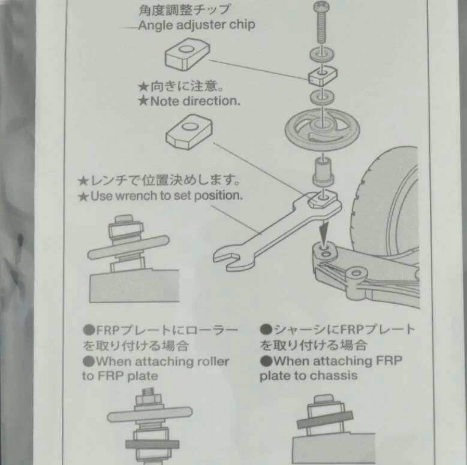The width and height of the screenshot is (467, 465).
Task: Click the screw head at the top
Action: pyautogui.click(x=321, y=7)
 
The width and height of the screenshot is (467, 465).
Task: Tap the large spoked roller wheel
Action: pyautogui.click(x=323, y=129)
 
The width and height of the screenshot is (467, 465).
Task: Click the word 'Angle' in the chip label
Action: pyautogui.click(x=155, y=26)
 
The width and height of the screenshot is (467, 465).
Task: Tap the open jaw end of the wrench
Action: pyautogui.click(x=228, y=258)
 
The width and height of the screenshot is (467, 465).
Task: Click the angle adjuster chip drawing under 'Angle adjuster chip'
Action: pyautogui.click(x=187, y=54)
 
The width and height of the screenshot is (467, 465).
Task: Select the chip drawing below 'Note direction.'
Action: pyautogui.click(x=189, y=132)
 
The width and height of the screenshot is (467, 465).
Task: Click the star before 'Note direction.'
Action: pyautogui.click(x=143, y=101)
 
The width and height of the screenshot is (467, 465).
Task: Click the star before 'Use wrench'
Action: pyautogui.click(x=83, y=197)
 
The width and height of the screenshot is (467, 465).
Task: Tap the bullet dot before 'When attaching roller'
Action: pyautogui.click(x=89, y=362)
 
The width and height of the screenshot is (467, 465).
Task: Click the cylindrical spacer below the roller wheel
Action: pyautogui.click(x=323, y=172)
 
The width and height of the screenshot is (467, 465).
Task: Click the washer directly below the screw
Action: pyautogui.click(x=322, y=55)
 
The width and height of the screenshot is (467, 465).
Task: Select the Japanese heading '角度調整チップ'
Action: pyautogui.click(x=185, y=10)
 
